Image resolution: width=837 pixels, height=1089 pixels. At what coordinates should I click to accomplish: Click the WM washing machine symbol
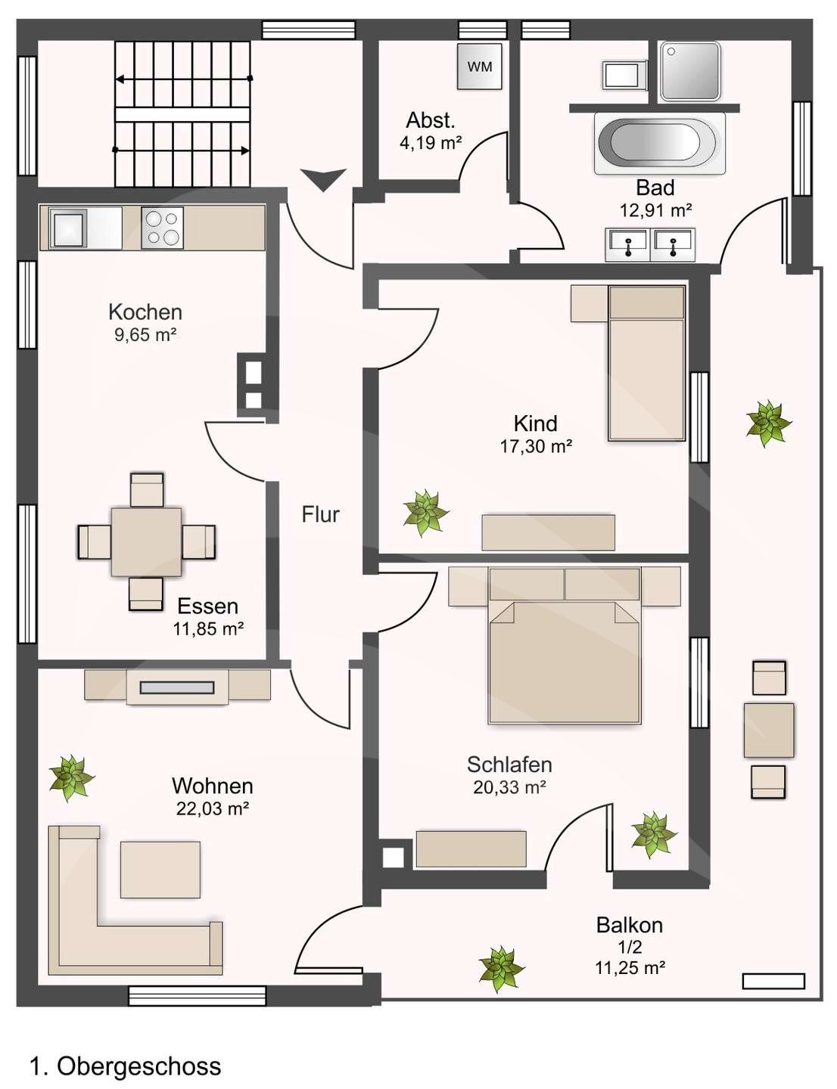(480, 66)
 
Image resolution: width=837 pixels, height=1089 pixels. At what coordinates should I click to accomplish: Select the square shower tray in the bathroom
(690, 71)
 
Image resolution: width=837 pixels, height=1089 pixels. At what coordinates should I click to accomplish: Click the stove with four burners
(162, 228)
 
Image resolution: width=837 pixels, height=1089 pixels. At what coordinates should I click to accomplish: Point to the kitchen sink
(70, 228)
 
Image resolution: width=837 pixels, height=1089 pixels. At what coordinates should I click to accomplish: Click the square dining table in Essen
(146, 541)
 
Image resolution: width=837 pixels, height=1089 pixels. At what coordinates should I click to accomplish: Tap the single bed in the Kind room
(646, 363)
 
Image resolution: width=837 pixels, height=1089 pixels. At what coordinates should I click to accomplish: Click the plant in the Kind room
(426, 513)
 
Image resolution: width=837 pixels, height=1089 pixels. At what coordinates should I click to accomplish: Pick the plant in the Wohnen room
(72, 777)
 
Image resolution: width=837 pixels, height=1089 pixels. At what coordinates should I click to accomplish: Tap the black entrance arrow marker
(323, 179)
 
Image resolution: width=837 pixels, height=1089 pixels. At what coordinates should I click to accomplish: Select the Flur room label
(320, 514)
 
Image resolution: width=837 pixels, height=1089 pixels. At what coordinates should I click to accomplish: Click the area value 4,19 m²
(431, 143)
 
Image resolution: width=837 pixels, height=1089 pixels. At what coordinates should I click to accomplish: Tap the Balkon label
(630, 925)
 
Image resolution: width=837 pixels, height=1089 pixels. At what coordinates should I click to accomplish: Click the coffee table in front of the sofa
(160, 870)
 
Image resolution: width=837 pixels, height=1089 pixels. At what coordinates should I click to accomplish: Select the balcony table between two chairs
(769, 731)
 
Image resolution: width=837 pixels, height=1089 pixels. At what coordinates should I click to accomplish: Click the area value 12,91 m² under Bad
(656, 210)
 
